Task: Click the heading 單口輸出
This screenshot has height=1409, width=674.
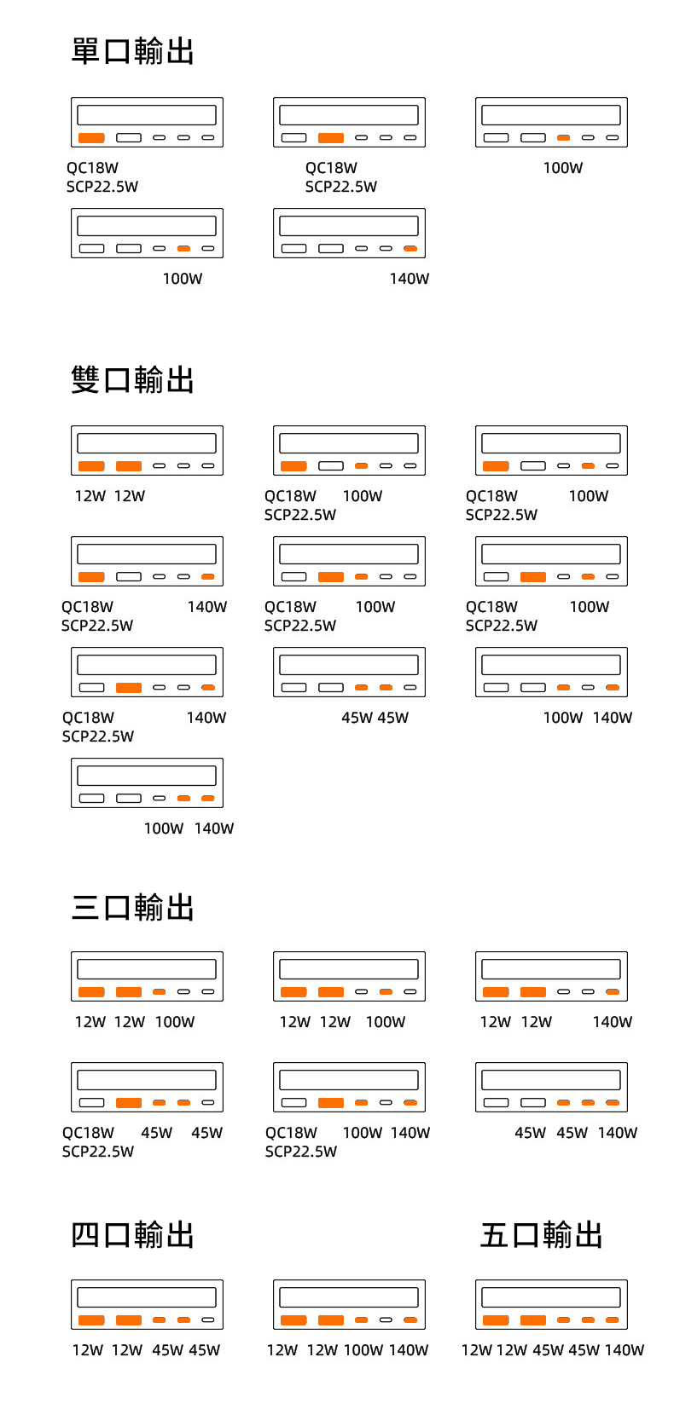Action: pos(132,51)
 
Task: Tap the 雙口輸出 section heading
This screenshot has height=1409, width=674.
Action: pos(132,379)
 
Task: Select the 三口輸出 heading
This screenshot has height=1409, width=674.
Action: pos(132,907)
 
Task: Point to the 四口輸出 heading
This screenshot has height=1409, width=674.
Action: pos(132,1234)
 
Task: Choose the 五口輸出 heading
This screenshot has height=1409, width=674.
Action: pos(541,1234)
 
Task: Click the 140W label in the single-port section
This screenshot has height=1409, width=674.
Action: pos(410,279)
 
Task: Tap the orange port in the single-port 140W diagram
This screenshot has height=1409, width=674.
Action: pos(410,249)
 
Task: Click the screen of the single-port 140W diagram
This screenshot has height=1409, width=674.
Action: pos(349,226)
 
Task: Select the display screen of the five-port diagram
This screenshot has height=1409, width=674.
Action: pos(551,1297)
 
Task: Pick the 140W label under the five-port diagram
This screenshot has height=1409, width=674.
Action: pos(625,1350)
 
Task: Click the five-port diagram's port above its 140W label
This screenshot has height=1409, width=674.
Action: pos(613,1320)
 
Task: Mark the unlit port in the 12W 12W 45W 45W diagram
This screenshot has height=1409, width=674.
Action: pos(208,1320)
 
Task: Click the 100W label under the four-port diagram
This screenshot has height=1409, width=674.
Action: pos(363,1350)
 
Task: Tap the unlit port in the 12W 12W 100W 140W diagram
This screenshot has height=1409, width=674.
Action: pos(386,1320)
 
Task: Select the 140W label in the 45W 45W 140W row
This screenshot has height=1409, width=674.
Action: pos(618,1133)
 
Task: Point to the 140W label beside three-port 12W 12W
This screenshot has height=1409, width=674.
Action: pos(613,1022)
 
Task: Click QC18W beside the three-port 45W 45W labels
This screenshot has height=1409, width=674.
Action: pos(88,1133)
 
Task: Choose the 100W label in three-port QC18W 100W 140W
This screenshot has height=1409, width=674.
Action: pos(363,1133)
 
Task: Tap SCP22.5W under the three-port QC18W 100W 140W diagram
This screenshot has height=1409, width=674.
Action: pos(301,1152)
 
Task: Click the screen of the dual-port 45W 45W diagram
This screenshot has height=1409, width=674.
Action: pos(349,665)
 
